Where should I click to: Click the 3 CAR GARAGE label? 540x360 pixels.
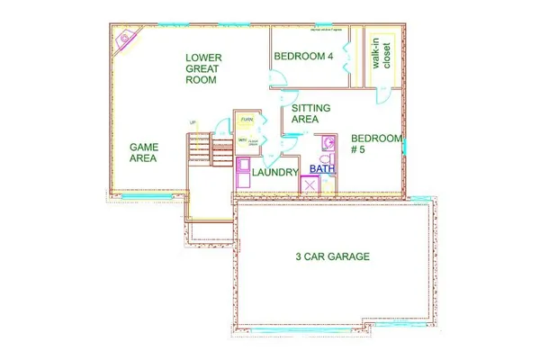[x=332, y=256]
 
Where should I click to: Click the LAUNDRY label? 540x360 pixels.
[x=275, y=171]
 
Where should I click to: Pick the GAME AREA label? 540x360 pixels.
[x=144, y=151]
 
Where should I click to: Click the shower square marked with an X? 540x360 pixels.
[x=310, y=185]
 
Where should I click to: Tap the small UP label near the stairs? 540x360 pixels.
[x=192, y=123]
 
